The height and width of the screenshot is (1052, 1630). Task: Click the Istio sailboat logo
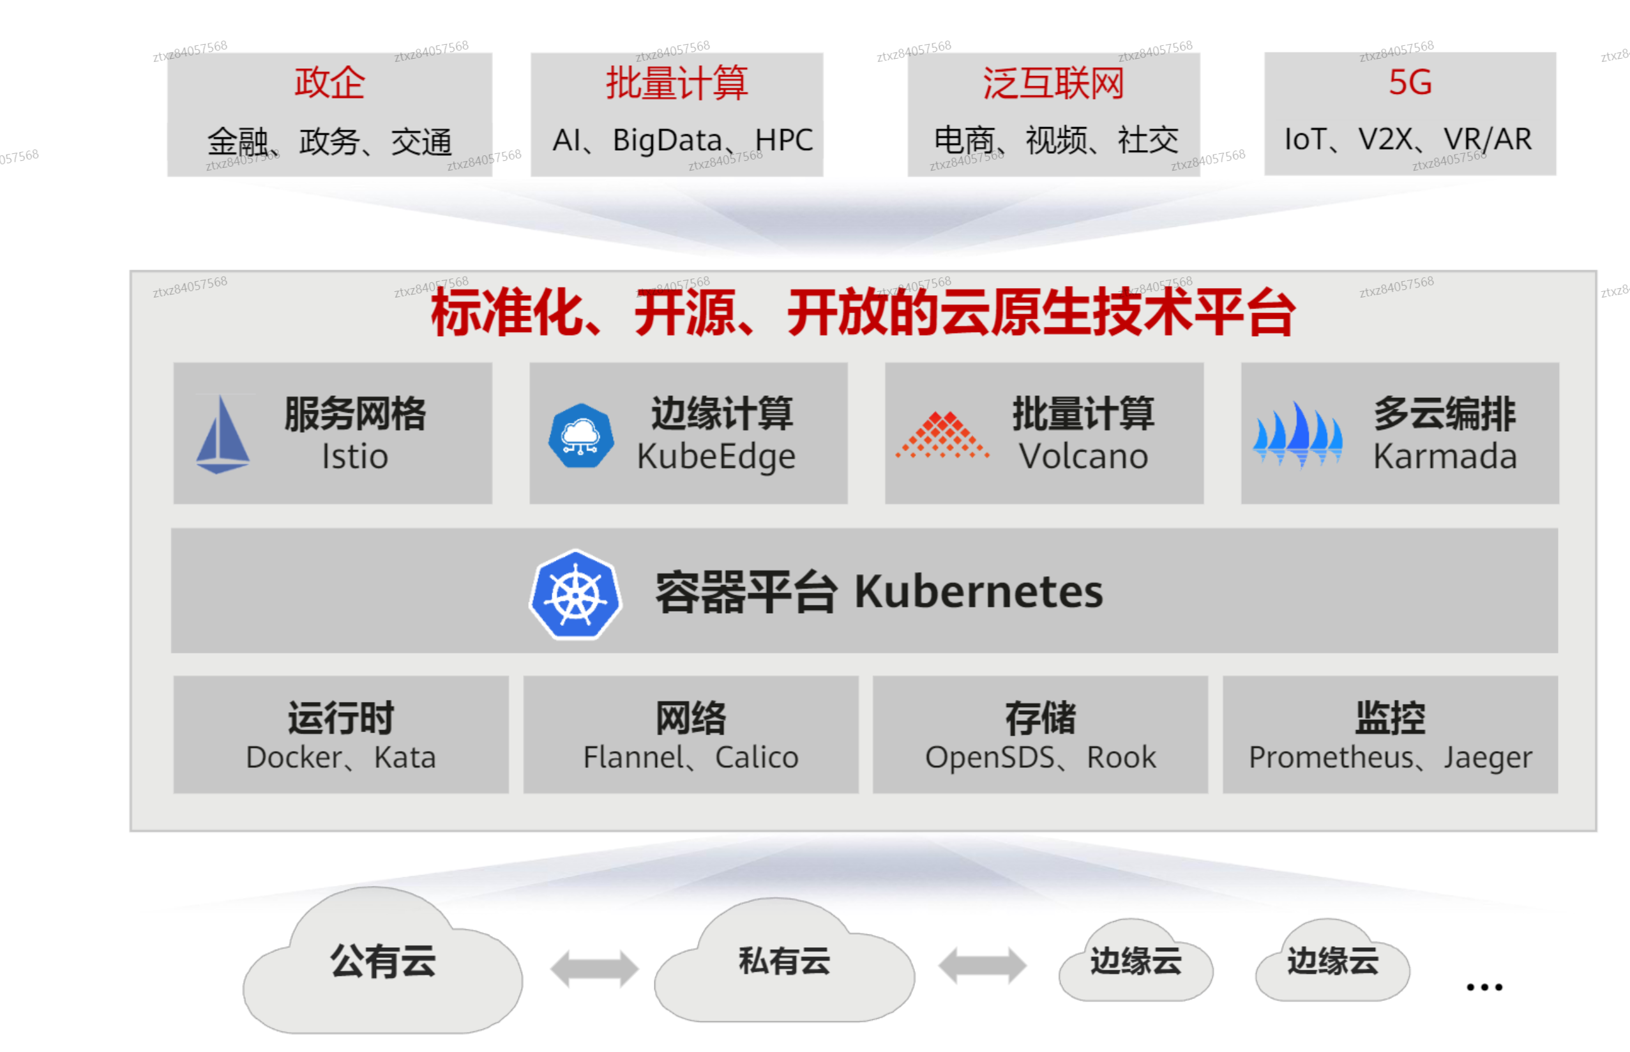pos(223,434)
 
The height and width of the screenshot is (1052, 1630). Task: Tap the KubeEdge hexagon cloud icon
pos(580,436)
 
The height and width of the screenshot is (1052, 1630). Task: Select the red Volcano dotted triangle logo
pos(942,435)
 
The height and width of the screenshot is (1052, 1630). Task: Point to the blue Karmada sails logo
pos(1297,435)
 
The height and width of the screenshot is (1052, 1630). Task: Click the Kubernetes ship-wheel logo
pos(576,594)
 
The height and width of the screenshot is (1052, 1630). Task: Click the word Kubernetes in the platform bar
pos(979,591)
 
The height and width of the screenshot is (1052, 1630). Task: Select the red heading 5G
pos(1410,82)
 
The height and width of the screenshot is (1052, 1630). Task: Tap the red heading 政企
pos(330,82)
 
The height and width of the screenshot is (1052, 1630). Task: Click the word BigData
pos(667,141)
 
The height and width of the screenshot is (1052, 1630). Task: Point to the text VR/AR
pos(1487,139)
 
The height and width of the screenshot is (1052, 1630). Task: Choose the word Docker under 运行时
pos(294,758)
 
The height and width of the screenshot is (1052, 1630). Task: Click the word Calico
pos(757,758)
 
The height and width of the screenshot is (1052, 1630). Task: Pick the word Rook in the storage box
pos(1121,758)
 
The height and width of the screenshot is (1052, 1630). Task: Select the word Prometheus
pos(1331,758)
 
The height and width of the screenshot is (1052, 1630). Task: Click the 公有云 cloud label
pos(383,961)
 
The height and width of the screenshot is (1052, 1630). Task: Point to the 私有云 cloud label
pos(784,961)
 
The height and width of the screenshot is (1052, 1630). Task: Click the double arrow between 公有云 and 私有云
pos(594,968)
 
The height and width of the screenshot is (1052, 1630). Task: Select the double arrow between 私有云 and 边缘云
pos(982,966)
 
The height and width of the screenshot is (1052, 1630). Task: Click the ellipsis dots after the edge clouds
pos(1484,987)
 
